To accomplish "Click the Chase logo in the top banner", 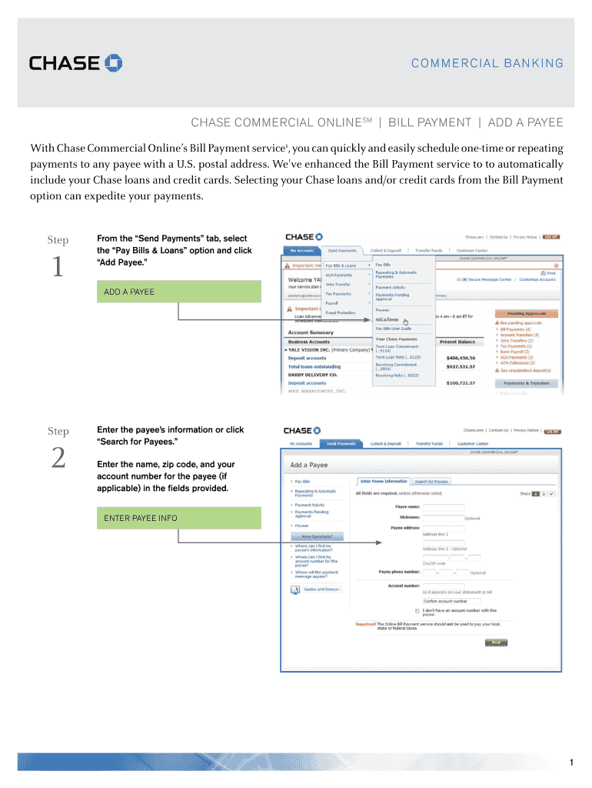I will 75,62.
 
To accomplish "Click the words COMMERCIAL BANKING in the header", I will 487,64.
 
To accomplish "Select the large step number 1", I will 58,267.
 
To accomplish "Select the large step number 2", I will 58,459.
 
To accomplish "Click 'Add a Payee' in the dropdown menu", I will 387,319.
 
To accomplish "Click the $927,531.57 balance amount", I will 461,367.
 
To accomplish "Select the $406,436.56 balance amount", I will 461,358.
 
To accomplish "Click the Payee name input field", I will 444,508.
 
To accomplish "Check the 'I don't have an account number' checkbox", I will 417,610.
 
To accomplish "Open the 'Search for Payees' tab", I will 431,482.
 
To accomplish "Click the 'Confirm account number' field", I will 452,601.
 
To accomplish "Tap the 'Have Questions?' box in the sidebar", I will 317,536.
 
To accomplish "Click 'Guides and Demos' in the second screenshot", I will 322,589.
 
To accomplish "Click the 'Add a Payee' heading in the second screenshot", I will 309,466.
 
